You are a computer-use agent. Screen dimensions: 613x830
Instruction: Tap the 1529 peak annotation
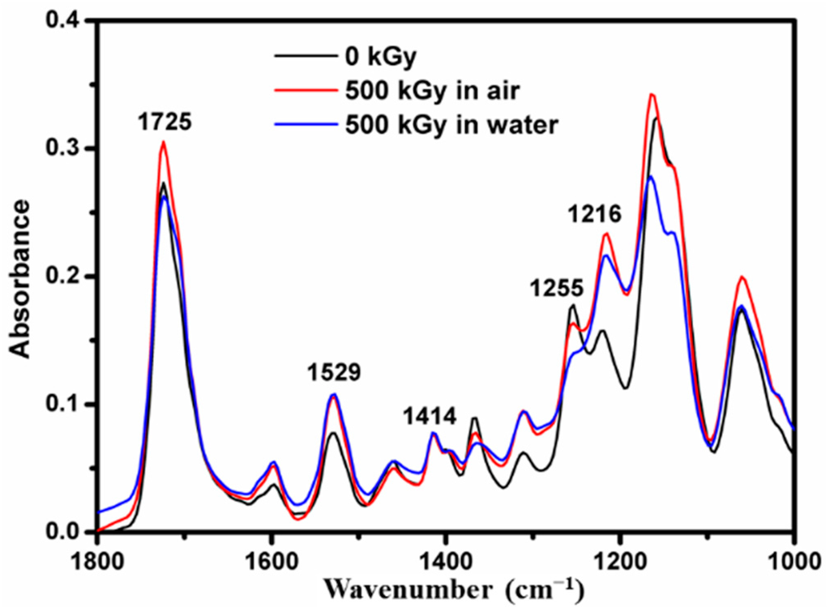333,373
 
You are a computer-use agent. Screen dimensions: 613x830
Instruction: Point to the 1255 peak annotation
556,287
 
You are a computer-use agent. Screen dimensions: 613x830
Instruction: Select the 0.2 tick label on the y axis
68,276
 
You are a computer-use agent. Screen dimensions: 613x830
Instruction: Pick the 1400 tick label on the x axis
446,559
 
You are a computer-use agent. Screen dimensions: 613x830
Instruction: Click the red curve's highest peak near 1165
651,94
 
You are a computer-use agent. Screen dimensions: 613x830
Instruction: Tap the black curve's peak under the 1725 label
163,183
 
